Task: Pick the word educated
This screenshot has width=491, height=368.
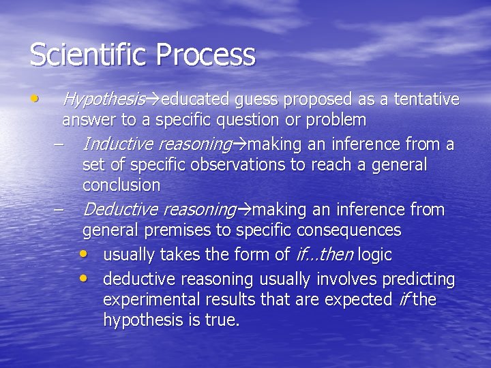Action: click(195, 99)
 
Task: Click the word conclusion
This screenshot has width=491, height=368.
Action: click(121, 185)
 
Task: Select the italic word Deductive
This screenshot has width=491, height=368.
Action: click(120, 210)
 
